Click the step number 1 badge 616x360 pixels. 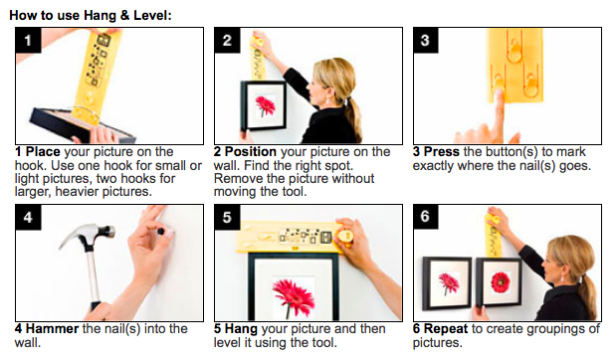[28, 40]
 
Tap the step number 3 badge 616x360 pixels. [426, 40]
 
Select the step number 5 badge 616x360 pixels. [227, 217]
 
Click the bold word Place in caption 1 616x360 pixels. [43, 151]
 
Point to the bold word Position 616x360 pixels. [251, 151]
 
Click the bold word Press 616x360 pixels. [442, 151]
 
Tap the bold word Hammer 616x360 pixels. [53, 328]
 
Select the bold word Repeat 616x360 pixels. [446, 328]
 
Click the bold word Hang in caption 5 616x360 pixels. [241, 328]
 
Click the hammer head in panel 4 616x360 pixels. [88, 235]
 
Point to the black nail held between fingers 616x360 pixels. [160, 232]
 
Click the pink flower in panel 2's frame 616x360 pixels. [266, 105]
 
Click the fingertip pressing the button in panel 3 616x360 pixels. [499, 94]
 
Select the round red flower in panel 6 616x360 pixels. [501, 281]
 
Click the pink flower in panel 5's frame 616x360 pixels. [293, 294]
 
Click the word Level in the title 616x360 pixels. [150, 15]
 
